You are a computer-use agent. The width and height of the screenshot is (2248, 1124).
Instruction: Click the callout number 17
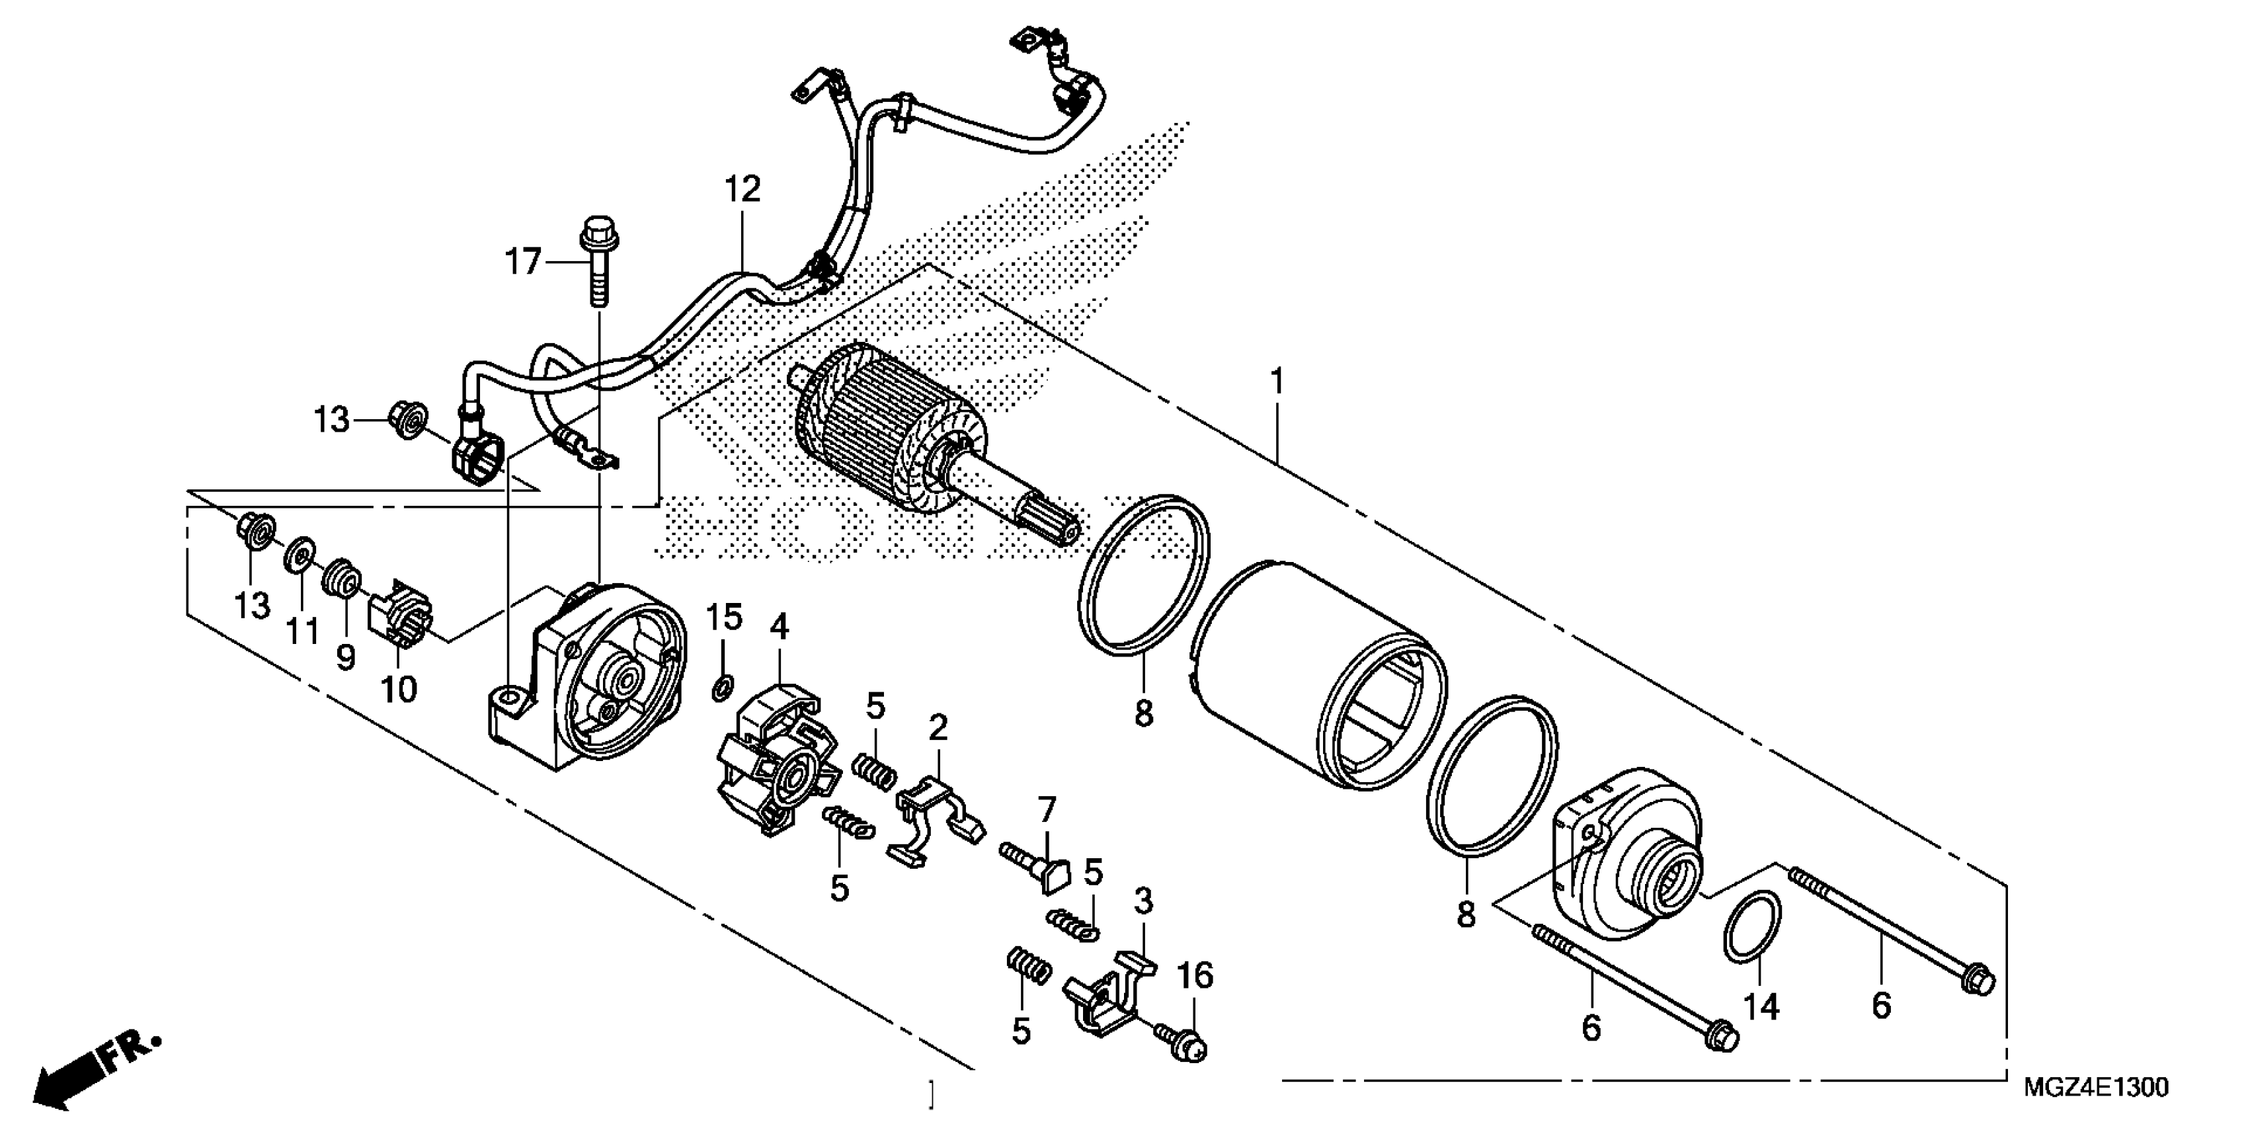pos(524,261)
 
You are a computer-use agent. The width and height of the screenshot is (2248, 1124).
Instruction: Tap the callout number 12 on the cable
pos(743,189)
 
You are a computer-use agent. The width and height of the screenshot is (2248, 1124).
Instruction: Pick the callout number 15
pos(723,618)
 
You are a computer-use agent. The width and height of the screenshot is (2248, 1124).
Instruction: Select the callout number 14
pos(1761,1006)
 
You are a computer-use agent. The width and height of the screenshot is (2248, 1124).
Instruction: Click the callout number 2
pos(938,727)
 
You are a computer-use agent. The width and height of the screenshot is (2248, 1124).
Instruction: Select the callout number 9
pos(346,657)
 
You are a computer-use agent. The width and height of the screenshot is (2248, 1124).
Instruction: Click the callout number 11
pos(302,630)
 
